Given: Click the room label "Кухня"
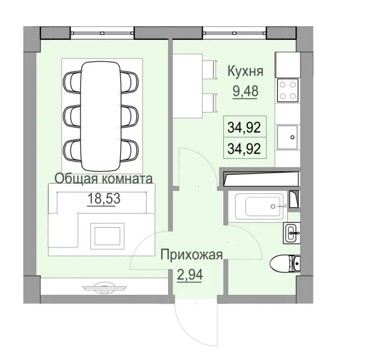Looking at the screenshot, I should [x=246, y=71].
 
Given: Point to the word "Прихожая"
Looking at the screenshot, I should [x=191, y=254].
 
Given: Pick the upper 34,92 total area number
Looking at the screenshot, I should [x=243, y=128].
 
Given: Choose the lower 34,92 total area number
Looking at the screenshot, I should [x=243, y=147].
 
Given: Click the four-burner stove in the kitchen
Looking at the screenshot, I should [x=287, y=90].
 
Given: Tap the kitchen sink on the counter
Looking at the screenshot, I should [x=288, y=137].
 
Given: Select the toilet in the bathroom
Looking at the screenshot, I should [x=285, y=265].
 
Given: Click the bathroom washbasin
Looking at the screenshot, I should [x=292, y=233].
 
